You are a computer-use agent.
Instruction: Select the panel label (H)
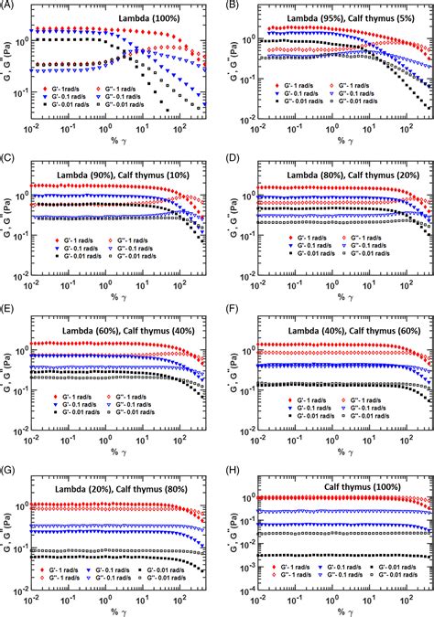tap(231, 470)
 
